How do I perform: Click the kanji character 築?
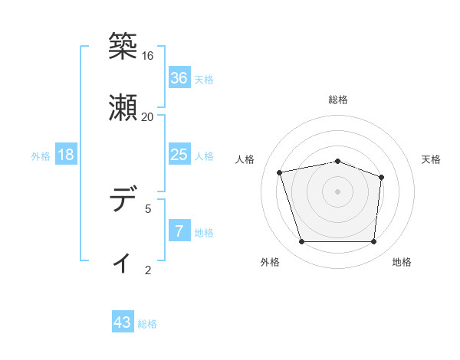tap(123, 46)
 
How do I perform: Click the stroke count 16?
tap(148, 56)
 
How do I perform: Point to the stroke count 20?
tap(148, 117)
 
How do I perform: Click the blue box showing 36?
tap(179, 78)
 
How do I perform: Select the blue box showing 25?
tap(179, 155)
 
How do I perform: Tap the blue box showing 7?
tap(179, 231)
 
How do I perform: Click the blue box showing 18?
tap(66, 155)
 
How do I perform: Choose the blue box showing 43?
tap(123, 323)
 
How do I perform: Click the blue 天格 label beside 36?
tap(204, 80)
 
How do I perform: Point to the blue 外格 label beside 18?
tap(41, 156)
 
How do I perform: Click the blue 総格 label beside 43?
tap(147, 325)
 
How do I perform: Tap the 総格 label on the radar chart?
tap(338, 100)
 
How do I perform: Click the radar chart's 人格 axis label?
tap(246, 159)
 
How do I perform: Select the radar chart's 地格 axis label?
tap(402, 263)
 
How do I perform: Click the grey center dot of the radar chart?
tap(338, 191)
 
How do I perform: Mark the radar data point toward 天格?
tap(381, 177)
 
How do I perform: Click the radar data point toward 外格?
tap(302, 242)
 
